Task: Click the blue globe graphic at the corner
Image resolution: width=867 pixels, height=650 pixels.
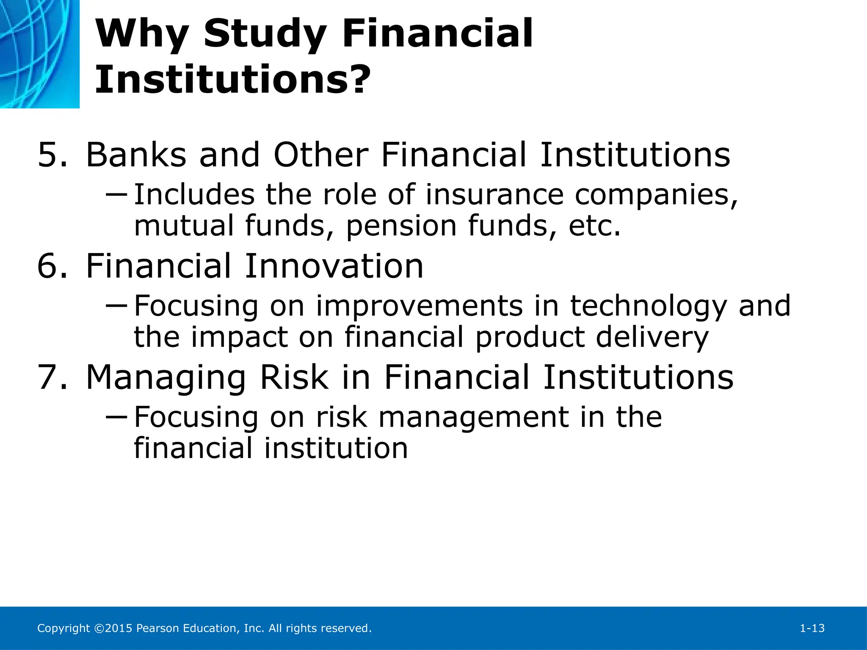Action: click(x=39, y=53)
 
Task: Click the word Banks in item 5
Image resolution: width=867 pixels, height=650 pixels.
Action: click(x=136, y=155)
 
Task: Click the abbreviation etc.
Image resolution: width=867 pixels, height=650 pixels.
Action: click(x=594, y=226)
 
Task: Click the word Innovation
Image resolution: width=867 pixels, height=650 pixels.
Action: click(x=334, y=266)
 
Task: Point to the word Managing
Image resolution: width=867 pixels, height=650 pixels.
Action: click(x=166, y=378)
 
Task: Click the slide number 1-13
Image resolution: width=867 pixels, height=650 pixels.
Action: click(x=812, y=628)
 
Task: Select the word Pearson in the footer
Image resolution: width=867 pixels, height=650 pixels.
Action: click(x=158, y=628)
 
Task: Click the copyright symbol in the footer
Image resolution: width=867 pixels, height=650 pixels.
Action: click(x=98, y=628)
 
